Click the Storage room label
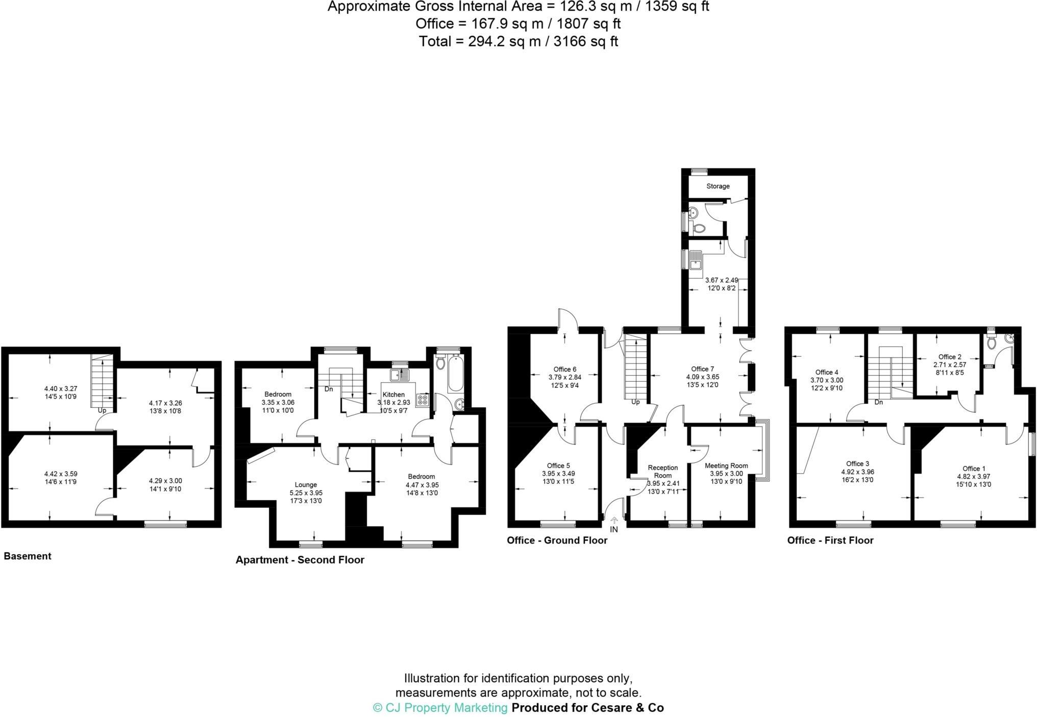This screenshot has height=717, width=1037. (718, 186)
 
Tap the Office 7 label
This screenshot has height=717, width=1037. (702, 369)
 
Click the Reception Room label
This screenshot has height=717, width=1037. (662, 471)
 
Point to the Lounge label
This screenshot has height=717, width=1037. (306, 485)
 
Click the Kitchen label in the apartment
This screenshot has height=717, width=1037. (393, 394)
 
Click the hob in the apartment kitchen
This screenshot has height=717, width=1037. (422, 400)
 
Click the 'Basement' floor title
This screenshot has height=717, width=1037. (28, 556)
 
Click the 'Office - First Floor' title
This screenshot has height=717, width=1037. (830, 540)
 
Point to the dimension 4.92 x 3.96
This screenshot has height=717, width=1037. (857, 472)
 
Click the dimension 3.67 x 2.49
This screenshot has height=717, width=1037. (721, 280)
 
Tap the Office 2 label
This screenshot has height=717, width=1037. (950, 357)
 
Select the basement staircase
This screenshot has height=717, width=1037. (102, 382)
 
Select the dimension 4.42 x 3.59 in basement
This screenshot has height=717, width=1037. (61, 474)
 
